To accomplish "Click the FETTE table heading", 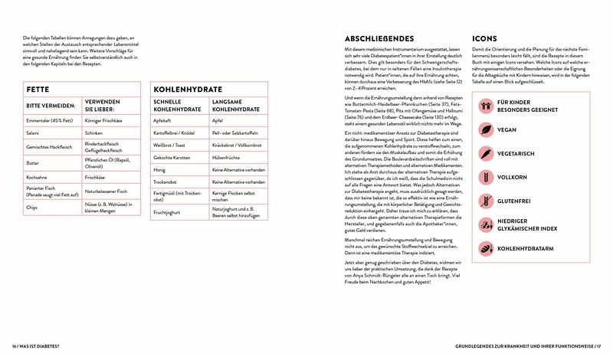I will point(39,89).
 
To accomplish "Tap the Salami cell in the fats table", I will point(34,132).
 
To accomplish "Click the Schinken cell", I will point(97,132).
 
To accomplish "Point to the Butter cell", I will point(33,163).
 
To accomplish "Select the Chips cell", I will point(32,206).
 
